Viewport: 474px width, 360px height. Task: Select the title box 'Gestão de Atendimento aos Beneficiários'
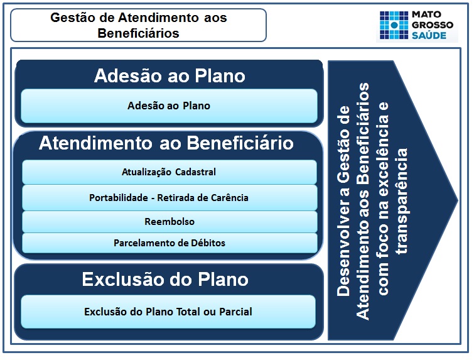tap(138, 25)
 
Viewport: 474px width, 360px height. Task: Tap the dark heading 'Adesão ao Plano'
tap(169, 76)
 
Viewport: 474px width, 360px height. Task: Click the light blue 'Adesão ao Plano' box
tap(169, 106)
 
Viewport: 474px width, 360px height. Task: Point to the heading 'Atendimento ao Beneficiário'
tap(166, 143)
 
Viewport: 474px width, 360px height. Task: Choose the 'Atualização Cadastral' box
tap(169, 172)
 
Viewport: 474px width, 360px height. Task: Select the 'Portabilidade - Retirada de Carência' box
tap(169, 197)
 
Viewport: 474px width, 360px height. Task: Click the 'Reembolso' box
tap(169, 221)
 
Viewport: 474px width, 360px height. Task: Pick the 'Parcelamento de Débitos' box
tap(169, 243)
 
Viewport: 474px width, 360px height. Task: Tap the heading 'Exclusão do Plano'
tap(165, 279)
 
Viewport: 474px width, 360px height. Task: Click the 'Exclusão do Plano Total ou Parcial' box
tap(168, 312)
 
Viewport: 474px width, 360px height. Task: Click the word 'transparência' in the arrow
tap(402, 200)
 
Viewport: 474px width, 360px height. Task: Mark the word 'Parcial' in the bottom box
tap(234, 312)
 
